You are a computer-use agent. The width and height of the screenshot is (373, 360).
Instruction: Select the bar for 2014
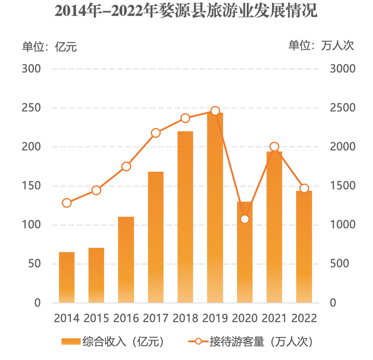click(x=67, y=277)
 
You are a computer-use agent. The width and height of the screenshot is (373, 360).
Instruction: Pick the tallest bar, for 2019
click(x=215, y=208)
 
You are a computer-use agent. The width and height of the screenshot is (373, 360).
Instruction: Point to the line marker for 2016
click(x=126, y=166)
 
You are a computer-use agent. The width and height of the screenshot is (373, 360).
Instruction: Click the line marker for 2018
click(x=185, y=118)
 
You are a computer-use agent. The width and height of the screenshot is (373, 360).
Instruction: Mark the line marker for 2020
click(x=245, y=219)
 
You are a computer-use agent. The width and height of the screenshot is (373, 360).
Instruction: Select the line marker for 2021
click(x=274, y=147)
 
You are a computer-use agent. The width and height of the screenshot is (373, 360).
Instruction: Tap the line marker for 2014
click(x=67, y=203)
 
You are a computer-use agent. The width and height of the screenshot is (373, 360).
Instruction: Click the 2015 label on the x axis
click(x=96, y=318)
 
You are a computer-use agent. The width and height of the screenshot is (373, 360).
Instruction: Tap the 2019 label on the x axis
click(x=215, y=318)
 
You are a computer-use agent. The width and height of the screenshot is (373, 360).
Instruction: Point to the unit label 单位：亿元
click(x=49, y=46)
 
